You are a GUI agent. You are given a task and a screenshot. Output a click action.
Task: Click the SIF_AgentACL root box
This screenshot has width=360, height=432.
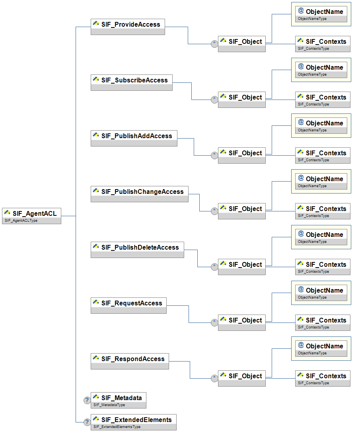click(x=32, y=216)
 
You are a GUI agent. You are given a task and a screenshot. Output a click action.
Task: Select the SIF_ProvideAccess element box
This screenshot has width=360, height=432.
click(x=128, y=27)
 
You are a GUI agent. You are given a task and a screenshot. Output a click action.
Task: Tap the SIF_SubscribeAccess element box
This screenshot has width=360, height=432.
click(x=132, y=83)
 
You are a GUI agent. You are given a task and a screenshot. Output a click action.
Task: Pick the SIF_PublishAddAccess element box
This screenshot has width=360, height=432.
click(x=134, y=138)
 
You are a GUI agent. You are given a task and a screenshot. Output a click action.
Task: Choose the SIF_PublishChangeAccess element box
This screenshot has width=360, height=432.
click(x=140, y=194)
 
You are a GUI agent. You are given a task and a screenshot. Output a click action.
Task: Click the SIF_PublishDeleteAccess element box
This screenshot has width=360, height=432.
click(x=137, y=250)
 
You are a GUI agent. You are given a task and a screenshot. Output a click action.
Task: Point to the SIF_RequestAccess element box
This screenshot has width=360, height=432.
click(x=128, y=305)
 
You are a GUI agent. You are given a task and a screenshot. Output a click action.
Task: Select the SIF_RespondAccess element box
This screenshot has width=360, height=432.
click(x=130, y=362)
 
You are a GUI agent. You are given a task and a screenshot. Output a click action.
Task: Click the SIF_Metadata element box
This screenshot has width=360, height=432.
click(x=119, y=400)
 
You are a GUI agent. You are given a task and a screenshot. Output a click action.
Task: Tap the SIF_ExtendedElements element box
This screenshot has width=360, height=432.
click(x=134, y=422)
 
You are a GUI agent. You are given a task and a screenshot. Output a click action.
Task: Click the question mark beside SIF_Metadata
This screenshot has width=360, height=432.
click(x=87, y=400)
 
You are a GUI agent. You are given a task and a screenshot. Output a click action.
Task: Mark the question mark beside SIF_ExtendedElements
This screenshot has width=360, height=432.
click(x=87, y=422)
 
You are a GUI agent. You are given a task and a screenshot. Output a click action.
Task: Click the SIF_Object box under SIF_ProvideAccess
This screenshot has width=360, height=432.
click(x=241, y=44)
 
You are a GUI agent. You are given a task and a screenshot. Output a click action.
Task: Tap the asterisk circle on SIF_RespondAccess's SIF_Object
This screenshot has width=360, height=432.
click(x=214, y=378)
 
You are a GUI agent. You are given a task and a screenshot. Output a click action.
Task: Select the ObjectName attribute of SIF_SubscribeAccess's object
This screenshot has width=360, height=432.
click(x=321, y=70)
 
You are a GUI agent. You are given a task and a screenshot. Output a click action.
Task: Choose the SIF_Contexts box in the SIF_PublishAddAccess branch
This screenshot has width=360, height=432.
click(x=323, y=155)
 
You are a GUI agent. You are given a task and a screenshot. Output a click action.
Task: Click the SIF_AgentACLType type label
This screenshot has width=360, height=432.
click(x=21, y=221)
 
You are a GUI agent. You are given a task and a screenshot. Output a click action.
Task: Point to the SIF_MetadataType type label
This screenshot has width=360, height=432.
click(x=109, y=405)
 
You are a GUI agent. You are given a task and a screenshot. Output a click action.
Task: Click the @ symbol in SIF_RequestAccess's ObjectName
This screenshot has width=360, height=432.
click(x=301, y=289)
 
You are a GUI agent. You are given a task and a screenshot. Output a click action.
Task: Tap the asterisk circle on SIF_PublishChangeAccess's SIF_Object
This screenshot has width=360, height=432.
click(x=214, y=211)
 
